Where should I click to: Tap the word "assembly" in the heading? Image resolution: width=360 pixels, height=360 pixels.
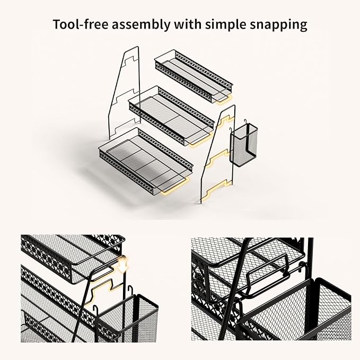point(141,25)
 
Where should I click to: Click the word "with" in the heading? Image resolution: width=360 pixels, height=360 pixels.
point(188,24)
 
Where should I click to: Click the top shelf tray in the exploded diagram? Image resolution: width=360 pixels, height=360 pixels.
point(194,76)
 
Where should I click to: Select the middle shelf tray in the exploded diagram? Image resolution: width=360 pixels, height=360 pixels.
point(171,116)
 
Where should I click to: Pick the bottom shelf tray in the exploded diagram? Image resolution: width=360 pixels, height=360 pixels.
point(146,161)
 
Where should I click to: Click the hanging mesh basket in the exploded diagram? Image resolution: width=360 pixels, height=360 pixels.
point(243,144)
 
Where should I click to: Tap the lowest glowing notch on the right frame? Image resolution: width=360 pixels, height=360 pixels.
point(218,187)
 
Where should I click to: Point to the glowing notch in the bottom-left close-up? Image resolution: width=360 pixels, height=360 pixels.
point(103,291)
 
